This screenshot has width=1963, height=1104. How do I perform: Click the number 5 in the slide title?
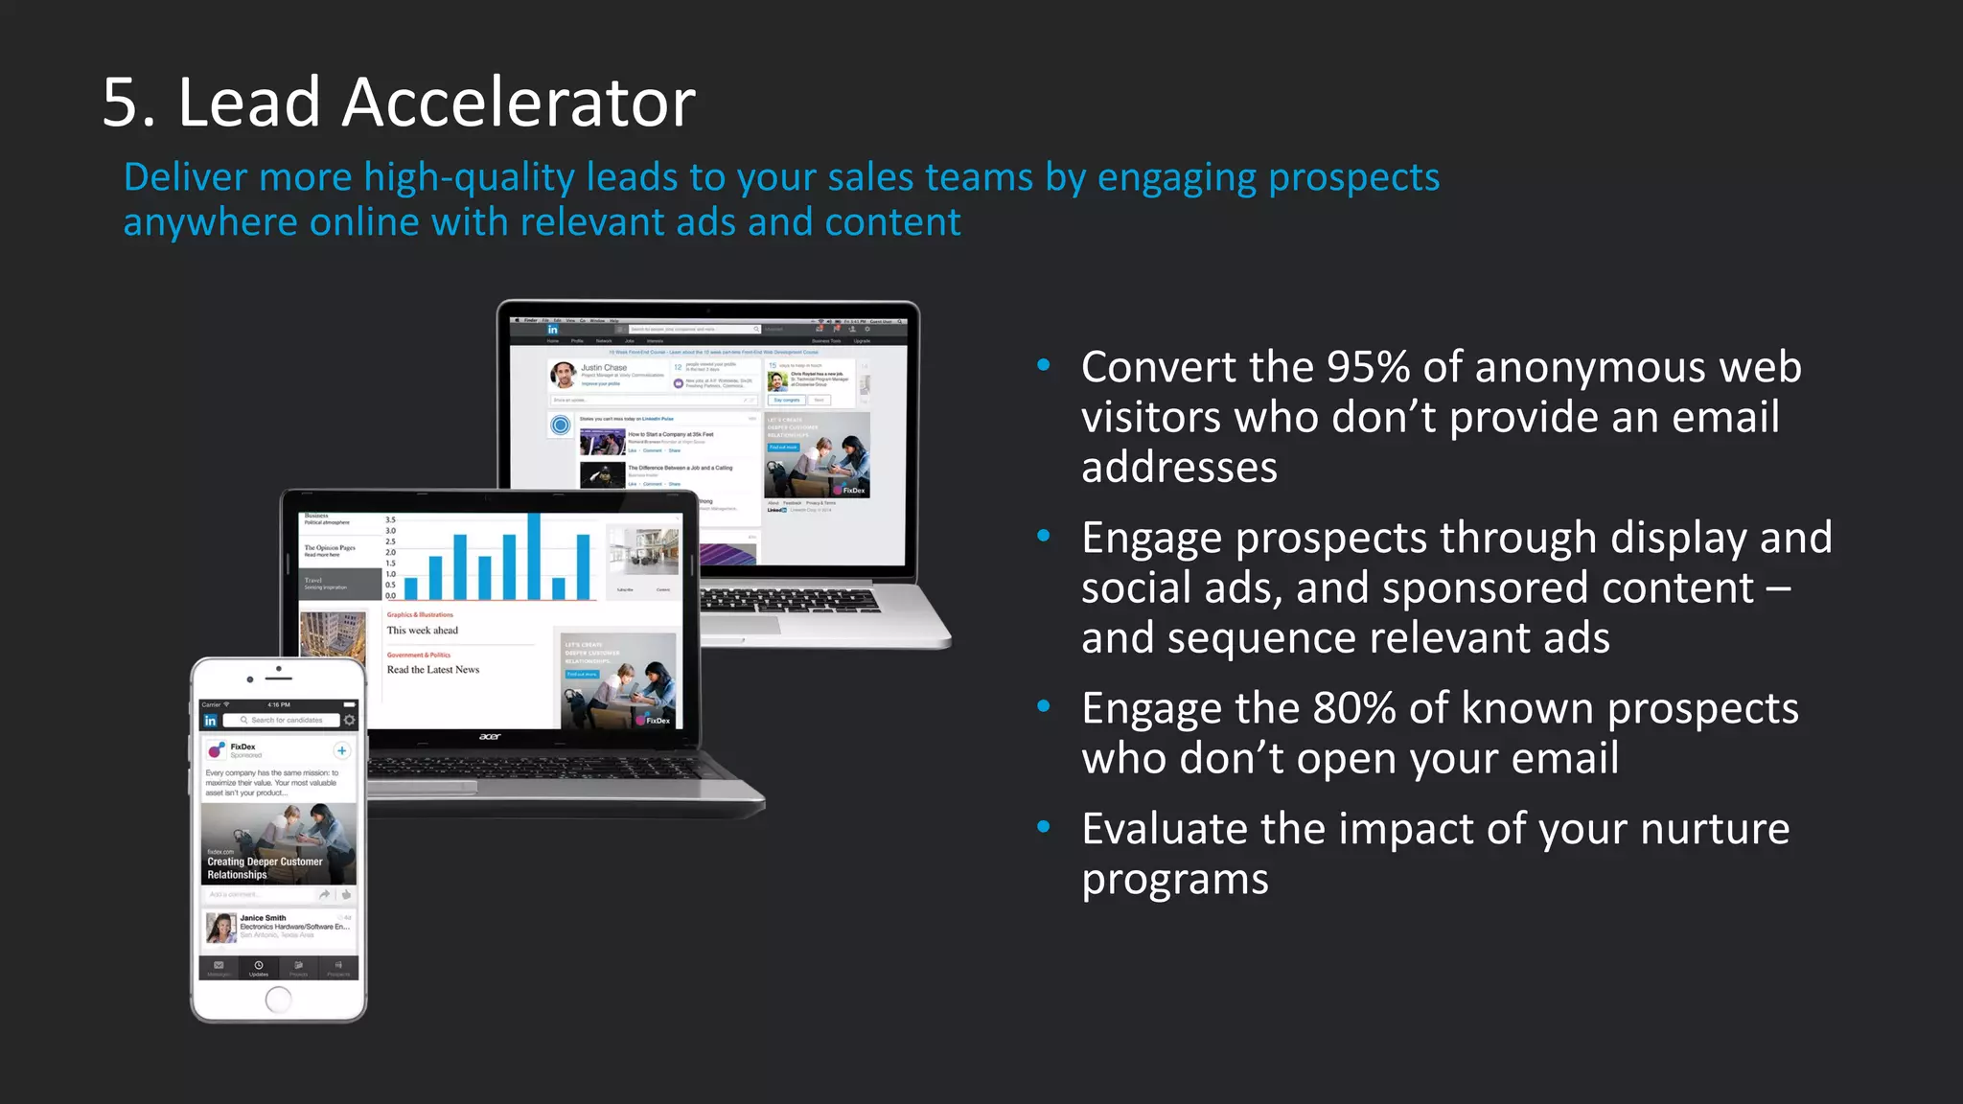[127, 103]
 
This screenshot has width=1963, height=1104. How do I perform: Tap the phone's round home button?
[278, 1000]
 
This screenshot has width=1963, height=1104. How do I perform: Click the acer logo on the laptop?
[490, 737]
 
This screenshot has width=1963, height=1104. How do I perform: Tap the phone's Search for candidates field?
[285, 720]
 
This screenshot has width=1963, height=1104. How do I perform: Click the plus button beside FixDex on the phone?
[341, 750]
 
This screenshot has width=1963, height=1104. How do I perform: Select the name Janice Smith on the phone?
[263, 918]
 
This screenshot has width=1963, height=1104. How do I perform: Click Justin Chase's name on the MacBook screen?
[604, 368]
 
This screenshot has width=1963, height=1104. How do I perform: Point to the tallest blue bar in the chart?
[533, 556]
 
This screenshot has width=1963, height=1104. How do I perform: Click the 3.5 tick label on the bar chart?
[390, 519]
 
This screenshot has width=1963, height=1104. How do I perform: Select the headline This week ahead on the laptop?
[422, 631]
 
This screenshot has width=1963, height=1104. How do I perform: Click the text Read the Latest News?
[432, 670]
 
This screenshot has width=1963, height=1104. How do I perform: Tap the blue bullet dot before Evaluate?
[1044, 827]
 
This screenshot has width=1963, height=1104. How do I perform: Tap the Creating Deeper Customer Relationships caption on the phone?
[265, 868]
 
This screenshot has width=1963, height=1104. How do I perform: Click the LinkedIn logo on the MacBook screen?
[552, 330]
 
